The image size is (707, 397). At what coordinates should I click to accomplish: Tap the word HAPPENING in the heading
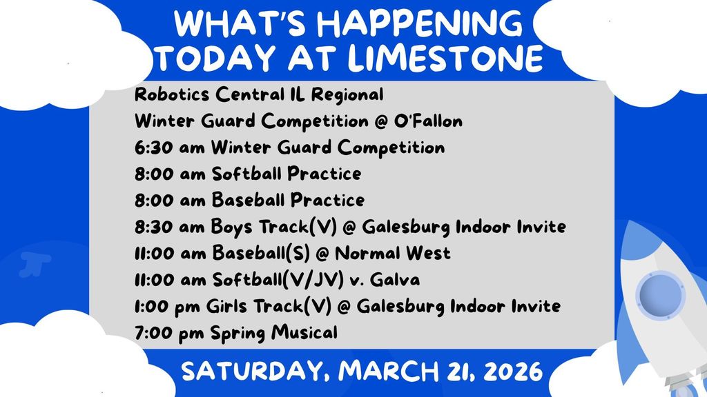click(420, 23)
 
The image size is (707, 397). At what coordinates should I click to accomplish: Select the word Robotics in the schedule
click(172, 94)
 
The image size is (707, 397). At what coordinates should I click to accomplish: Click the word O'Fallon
click(428, 121)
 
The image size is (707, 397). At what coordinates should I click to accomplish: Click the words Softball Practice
click(287, 174)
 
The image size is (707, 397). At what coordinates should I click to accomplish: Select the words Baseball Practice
click(288, 200)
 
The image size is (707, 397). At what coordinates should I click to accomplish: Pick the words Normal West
click(393, 253)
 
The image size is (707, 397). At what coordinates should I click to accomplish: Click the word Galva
click(395, 280)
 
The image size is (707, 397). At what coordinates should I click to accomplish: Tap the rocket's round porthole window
click(661, 295)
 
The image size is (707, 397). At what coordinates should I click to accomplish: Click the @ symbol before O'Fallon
click(381, 121)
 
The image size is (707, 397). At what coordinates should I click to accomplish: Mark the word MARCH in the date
click(388, 371)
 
